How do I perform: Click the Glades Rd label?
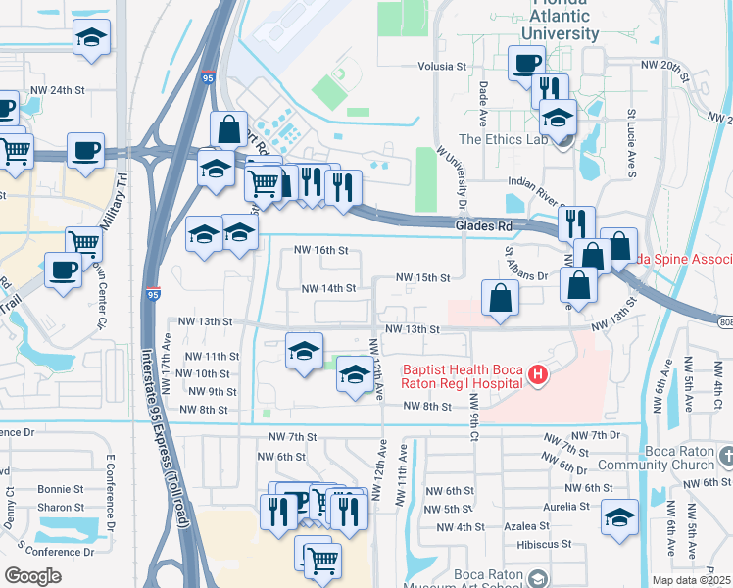[484, 225]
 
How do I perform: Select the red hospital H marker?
[536, 374]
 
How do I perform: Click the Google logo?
[33, 576]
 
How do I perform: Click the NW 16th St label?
[322, 250]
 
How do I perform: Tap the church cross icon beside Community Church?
[725, 457]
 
